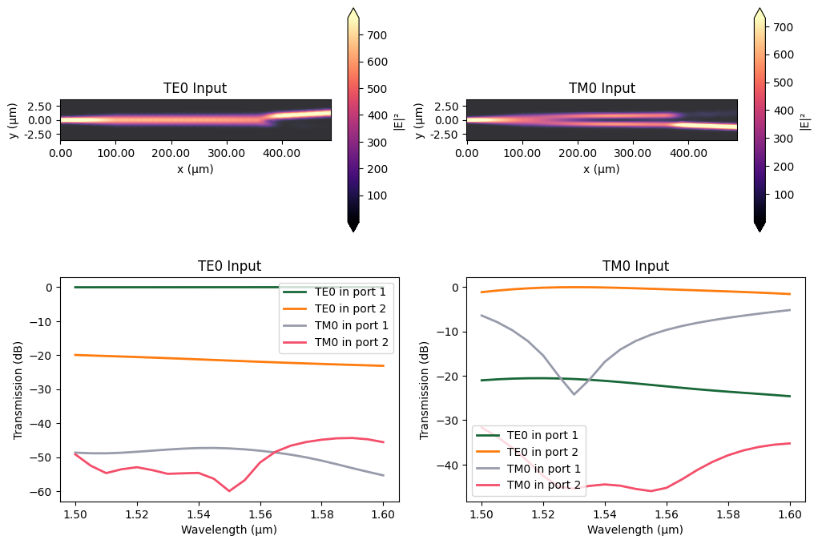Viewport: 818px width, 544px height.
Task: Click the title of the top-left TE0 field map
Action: pyautogui.click(x=195, y=88)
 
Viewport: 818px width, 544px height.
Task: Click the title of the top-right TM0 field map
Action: pyautogui.click(x=601, y=88)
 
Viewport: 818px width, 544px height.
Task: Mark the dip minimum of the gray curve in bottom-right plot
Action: pyautogui.click(x=574, y=394)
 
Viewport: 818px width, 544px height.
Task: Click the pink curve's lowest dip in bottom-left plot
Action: pyautogui.click(x=229, y=490)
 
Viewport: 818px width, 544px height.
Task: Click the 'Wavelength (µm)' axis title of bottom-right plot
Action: pyautogui.click(x=635, y=529)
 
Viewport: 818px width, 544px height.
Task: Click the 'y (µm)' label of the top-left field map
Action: pyautogui.click(x=13, y=120)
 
